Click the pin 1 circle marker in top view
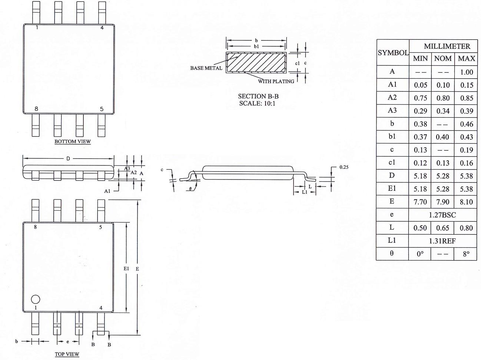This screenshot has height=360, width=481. [36, 299]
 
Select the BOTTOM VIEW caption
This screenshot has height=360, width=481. [73, 141]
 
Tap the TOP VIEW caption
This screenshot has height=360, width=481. [67, 354]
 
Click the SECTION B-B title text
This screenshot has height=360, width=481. [258, 96]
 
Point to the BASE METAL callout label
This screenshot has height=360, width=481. [206, 68]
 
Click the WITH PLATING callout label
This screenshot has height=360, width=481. [276, 81]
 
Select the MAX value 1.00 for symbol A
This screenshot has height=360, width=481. [467, 72]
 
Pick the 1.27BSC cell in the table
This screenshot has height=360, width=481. [442, 215]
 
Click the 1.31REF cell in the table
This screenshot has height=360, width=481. [442, 241]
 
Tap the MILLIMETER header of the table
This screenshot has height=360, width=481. [447, 46]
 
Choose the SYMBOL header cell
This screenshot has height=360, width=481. [393, 53]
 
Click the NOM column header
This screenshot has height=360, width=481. [443, 59]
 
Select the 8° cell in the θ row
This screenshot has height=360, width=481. [466, 254]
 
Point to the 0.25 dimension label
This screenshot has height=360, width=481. [344, 167]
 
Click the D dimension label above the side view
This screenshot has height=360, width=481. [68, 159]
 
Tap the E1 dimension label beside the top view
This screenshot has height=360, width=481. [126, 268]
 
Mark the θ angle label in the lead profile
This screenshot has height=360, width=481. [190, 189]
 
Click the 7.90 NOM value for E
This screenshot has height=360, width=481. [443, 202]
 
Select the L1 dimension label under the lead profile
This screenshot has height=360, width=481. [305, 192]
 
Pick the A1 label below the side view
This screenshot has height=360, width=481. [107, 191]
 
